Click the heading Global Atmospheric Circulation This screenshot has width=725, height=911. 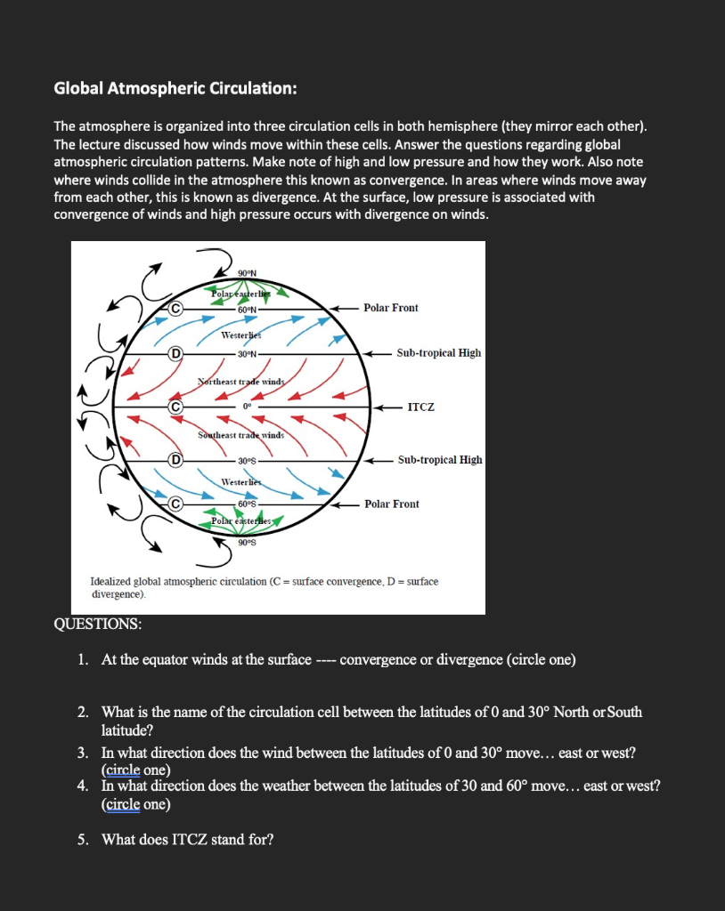[175, 88]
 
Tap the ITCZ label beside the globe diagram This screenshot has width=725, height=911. [420, 407]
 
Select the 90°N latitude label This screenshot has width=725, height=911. [248, 272]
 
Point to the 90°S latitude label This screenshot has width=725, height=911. [247, 542]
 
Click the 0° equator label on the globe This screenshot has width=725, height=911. [247, 407]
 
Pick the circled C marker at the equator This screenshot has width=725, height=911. [176, 407]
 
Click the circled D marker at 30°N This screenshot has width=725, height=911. [176, 353]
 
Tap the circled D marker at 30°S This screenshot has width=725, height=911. [176, 460]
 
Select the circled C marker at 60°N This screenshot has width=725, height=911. [176, 308]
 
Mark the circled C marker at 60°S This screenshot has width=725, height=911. [176, 504]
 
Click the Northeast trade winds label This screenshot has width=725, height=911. [240, 381]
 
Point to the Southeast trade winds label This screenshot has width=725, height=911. [240, 435]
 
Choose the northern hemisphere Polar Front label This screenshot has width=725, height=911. [391, 308]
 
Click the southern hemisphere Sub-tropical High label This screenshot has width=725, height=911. [440, 460]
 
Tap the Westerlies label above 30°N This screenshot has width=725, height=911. [240, 336]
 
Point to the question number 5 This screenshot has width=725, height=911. [82, 839]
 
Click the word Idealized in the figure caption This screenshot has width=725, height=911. [112, 582]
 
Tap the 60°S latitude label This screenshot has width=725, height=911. [247, 504]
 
